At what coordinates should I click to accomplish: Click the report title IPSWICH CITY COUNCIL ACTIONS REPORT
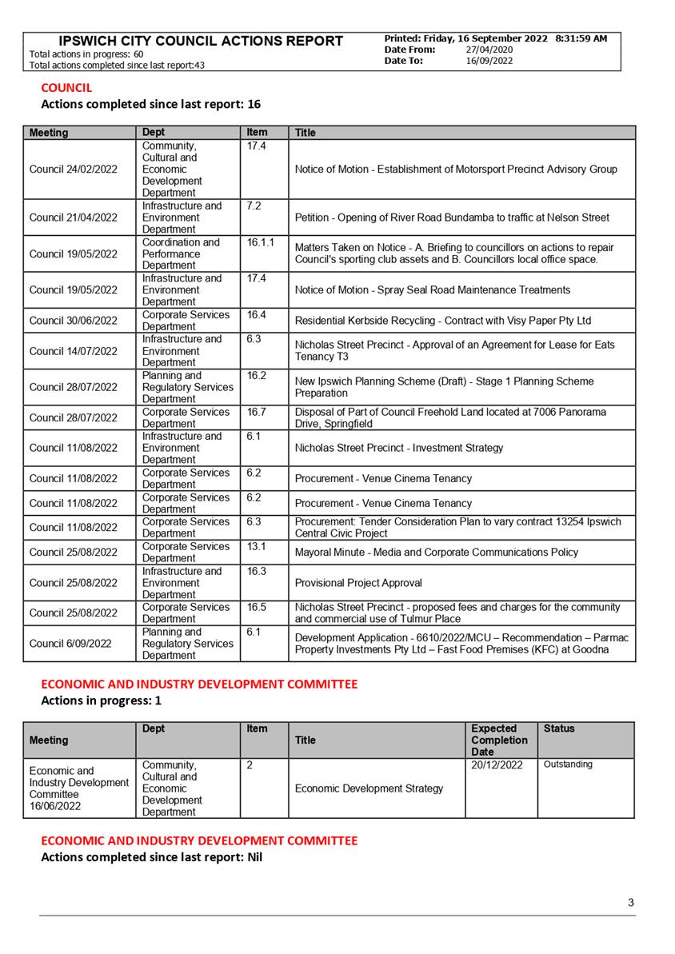pyautogui.click(x=201, y=41)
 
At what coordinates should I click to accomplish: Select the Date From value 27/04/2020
pyautogui.click(x=489, y=50)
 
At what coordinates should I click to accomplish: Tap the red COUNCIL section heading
pyautogui.click(x=66, y=88)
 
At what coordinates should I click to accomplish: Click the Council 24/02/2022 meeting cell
pyautogui.click(x=73, y=170)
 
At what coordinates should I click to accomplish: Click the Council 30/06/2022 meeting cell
pyautogui.click(x=73, y=321)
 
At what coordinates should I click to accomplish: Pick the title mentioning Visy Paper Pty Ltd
pyautogui.click(x=443, y=321)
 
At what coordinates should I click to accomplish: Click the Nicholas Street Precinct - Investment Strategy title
pyautogui.click(x=399, y=448)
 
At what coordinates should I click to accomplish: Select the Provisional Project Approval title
pyautogui.click(x=358, y=583)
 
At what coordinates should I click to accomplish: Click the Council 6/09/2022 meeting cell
pyautogui.click(x=70, y=644)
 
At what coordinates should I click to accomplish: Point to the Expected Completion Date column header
pyautogui.click(x=499, y=740)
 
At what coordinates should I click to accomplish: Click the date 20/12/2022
pyautogui.click(x=497, y=765)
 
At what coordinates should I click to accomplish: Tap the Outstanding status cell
pyautogui.click(x=568, y=764)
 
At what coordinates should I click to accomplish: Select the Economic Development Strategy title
pyautogui.click(x=369, y=788)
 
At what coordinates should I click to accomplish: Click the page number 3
pyautogui.click(x=631, y=903)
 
